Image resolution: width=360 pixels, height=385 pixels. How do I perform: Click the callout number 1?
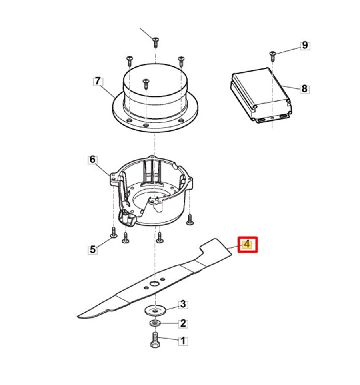[x=183, y=341]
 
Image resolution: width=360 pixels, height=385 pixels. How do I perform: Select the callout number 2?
[x=183, y=323]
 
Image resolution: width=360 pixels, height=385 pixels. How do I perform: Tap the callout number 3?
[x=183, y=305]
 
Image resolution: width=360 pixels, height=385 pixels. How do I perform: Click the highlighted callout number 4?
[x=247, y=244]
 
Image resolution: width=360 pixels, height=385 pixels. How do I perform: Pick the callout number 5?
[x=92, y=249]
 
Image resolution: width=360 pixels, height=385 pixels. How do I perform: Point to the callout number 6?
[x=92, y=160]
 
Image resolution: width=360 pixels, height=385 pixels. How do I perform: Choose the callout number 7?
[x=98, y=81]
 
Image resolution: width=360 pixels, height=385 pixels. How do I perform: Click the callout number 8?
[x=304, y=88]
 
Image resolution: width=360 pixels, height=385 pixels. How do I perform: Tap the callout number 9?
[x=305, y=46]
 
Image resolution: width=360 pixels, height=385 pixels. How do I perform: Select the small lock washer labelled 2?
[x=155, y=323]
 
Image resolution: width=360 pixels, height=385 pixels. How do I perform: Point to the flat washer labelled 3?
[x=155, y=310]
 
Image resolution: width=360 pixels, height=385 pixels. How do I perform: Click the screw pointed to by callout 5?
[x=114, y=232]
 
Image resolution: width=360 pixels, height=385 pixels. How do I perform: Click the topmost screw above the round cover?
[x=155, y=42]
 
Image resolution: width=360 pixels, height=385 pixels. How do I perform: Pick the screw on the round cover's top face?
[x=146, y=84]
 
